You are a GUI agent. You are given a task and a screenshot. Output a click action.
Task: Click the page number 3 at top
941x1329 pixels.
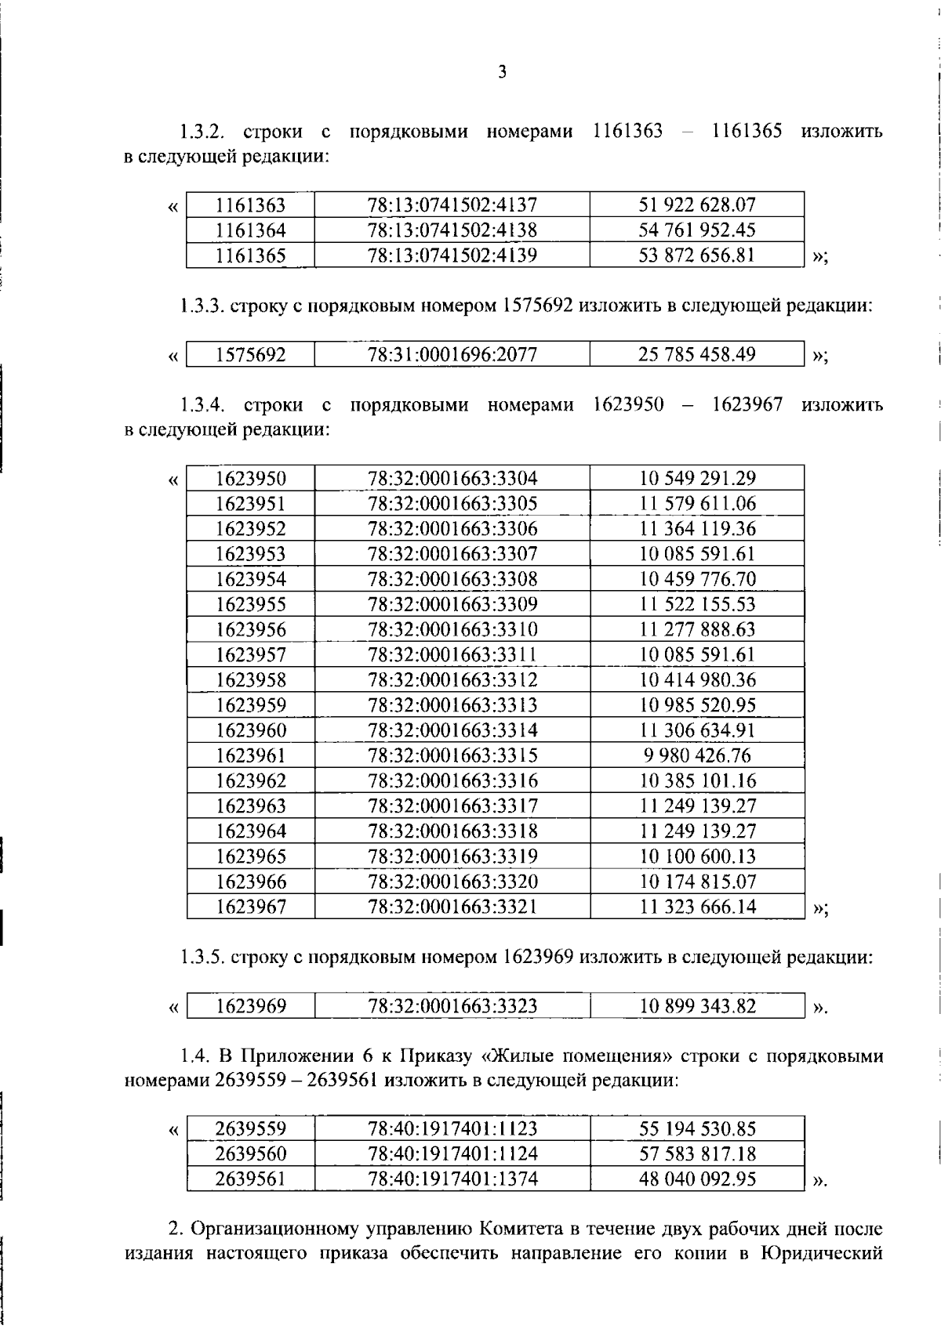[x=502, y=73]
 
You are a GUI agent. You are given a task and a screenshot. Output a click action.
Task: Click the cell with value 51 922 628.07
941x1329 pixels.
[x=697, y=205]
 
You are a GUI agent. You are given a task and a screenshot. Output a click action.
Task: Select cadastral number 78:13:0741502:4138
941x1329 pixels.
[x=452, y=230]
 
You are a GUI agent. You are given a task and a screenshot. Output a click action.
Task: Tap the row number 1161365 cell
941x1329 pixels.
[x=251, y=255]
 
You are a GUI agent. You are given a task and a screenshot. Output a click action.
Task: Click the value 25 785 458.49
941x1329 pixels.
[x=697, y=354]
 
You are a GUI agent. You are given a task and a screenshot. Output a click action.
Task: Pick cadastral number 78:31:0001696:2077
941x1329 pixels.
[x=452, y=355]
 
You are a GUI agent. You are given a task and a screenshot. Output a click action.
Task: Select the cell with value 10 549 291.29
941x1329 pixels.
[x=697, y=478]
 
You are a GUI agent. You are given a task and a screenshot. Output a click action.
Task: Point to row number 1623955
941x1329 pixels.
[x=251, y=604]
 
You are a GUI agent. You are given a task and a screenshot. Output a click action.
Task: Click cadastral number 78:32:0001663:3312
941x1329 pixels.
[x=452, y=679]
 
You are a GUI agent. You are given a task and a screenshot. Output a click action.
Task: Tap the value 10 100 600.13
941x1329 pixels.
[x=697, y=856]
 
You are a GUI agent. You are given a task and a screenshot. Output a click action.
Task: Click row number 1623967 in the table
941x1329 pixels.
[x=251, y=907]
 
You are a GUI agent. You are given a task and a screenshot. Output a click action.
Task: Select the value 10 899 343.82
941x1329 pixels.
[x=697, y=1006]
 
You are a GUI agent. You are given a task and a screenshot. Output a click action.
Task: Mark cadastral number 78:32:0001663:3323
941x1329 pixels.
[x=452, y=1006]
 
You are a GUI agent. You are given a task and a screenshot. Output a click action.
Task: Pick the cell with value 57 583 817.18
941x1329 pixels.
[x=697, y=1153]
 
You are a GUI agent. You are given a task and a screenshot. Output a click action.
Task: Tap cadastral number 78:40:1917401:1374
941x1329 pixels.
[x=452, y=1179]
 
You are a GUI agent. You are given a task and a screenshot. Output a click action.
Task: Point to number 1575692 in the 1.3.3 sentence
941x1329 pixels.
[x=536, y=306]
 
